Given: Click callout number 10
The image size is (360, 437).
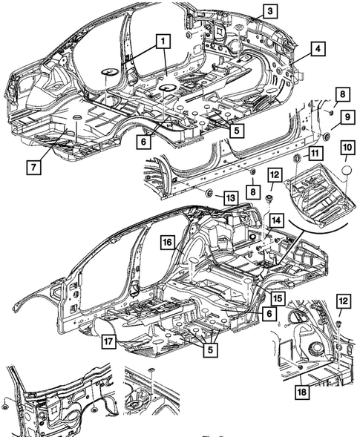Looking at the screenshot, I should coord(347,150).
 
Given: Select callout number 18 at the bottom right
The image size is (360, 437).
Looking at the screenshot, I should coord(301,392).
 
